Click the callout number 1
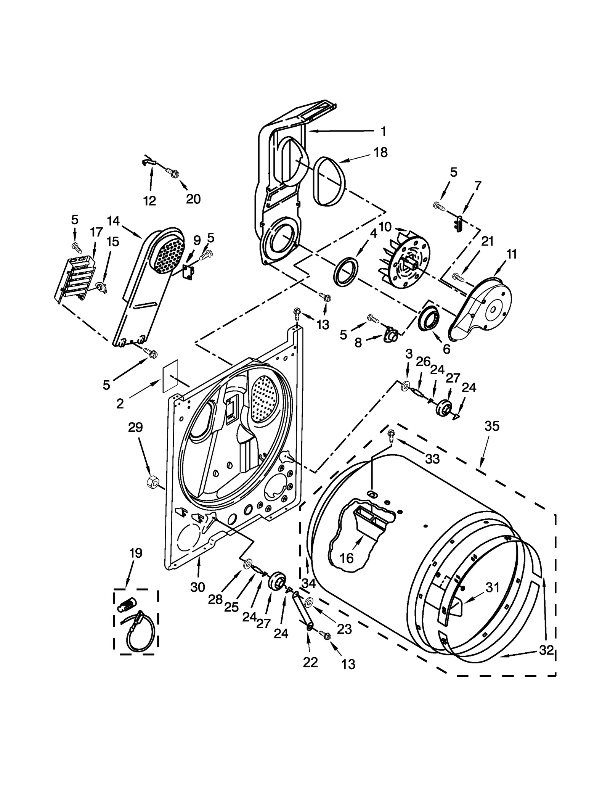tap(384, 132)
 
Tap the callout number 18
tap(380, 153)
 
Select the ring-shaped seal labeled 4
tap(346, 271)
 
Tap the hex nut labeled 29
tap(152, 482)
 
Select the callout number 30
tap(197, 587)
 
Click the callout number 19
tap(136, 553)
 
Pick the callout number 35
tap(491, 426)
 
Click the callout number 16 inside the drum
tap(347, 558)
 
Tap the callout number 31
tap(492, 588)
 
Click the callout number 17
tap(96, 232)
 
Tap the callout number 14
tap(113, 220)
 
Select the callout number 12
tap(149, 201)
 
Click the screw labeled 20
tap(172, 173)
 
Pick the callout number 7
tap(478, 186)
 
